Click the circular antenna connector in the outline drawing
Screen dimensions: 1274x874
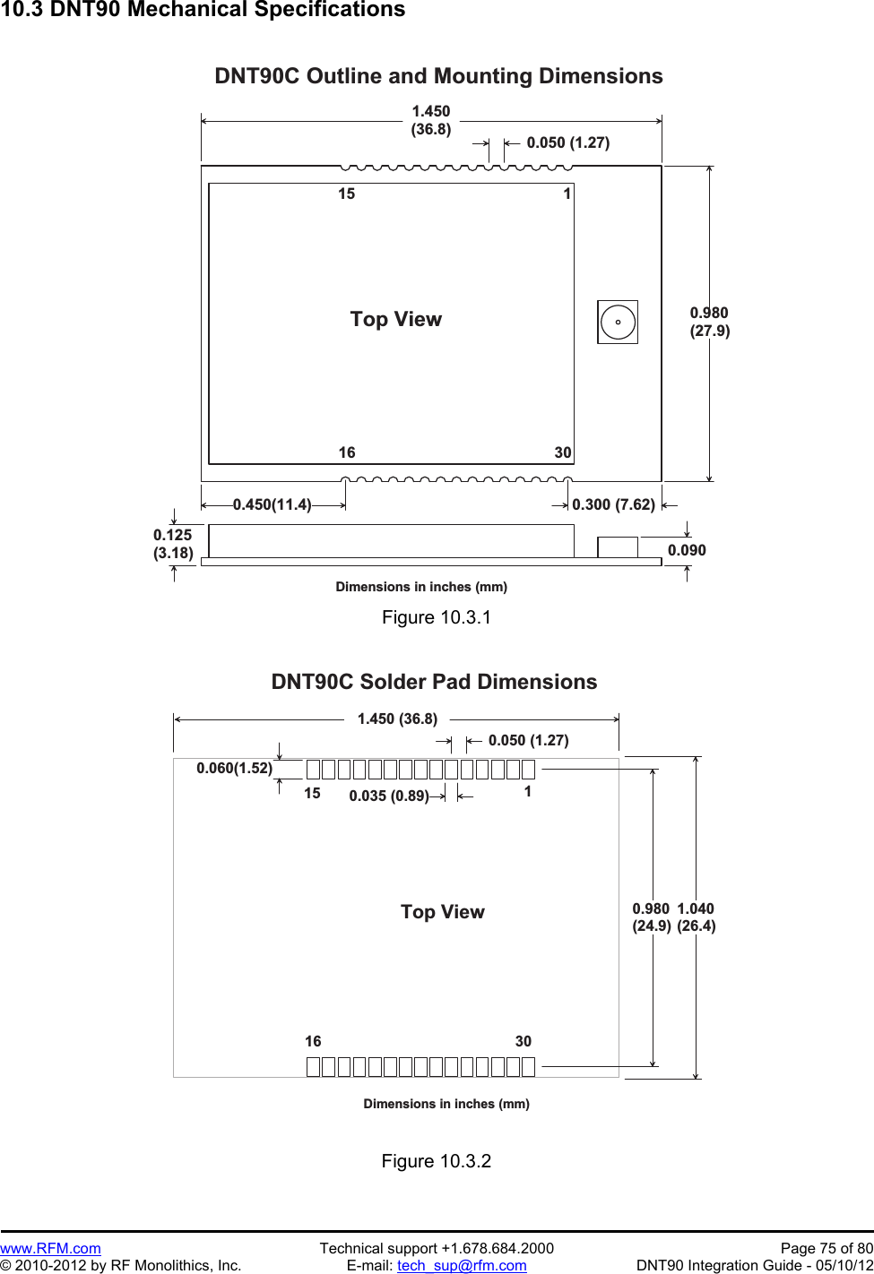(618, 322)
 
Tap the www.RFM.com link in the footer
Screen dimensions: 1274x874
(50, 1248)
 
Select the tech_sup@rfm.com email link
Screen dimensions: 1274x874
(462, 1265)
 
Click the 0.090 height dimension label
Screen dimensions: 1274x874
(687, 550)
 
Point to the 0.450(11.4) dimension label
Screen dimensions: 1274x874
(273, 504)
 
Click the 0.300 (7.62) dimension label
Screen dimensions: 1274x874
(613, 504)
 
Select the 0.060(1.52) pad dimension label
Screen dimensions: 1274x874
(234, 768)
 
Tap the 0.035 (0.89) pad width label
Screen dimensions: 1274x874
(389, 796)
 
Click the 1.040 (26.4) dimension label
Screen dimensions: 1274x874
(697, 917)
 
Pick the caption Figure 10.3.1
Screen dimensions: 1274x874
(437, 617)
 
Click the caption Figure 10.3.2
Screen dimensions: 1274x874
(437, 1161)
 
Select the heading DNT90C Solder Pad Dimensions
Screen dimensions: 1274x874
(434, 682)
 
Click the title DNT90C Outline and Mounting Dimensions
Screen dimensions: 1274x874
(438, 76)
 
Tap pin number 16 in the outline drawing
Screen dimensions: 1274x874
(347, 452)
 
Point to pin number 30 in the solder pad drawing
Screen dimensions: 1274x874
(524, 1041)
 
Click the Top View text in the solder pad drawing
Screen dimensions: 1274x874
(442, 912)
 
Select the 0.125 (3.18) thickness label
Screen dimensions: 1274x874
(173, 544)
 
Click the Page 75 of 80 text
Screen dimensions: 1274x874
(826, 1248)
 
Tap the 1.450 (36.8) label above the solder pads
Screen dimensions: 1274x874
(397, 719)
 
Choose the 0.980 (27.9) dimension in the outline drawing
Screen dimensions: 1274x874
(709, 322)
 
